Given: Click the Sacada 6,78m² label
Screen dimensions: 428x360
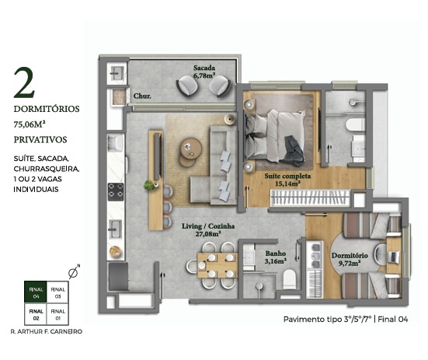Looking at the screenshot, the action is (x=204, y=72).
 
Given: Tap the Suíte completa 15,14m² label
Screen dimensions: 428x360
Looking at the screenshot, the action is (x=287, y=180).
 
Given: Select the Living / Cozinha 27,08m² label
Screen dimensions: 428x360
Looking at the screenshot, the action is (x=208, y=229).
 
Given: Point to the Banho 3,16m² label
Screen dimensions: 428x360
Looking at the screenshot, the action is (x=276, y=257).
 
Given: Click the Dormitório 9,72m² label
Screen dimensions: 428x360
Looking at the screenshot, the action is (x=350, y=259).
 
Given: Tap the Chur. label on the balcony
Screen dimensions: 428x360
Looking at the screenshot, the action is (x=142, y=96).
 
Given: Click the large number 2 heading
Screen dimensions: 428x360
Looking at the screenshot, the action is (x=24, y=83).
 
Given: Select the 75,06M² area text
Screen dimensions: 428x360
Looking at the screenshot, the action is (x=30, y=124).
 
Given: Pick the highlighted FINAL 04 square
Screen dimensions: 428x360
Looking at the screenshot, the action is (x=36, y=292).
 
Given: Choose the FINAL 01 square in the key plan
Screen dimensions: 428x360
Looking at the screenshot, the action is (x=57, y=314).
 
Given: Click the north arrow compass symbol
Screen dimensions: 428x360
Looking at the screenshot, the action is (x=74, y=272).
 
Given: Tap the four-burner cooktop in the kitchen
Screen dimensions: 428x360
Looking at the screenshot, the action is (x=116, y=192).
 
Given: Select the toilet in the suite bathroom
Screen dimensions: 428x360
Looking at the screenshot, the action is (x=355, y=124).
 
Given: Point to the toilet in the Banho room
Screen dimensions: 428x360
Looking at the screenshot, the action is (x=289, y=279).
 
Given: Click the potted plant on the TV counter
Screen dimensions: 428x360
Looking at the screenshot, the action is (x=149, y=185).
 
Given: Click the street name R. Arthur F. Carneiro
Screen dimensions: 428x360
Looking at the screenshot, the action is (x=46, y=331).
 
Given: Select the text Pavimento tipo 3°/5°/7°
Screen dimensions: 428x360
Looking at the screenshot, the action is (x=328, y=319).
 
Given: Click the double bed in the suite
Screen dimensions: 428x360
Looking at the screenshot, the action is (x=273, y=137).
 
